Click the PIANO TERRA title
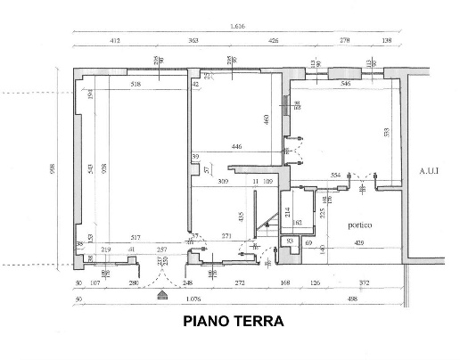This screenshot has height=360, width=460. (233, 322)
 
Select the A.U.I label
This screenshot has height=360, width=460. (431, 170)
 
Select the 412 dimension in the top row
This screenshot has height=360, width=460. (115, 42)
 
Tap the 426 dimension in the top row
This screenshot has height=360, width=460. (273, 42)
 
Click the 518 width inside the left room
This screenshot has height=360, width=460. (136, 84)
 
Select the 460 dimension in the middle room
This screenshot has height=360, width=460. (266, 119)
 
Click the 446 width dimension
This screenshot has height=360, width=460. (236, 146)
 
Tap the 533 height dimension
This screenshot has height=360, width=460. (385, 133)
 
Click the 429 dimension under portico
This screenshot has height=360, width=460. (358, 242)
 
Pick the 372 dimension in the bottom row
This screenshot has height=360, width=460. (364, 283)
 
